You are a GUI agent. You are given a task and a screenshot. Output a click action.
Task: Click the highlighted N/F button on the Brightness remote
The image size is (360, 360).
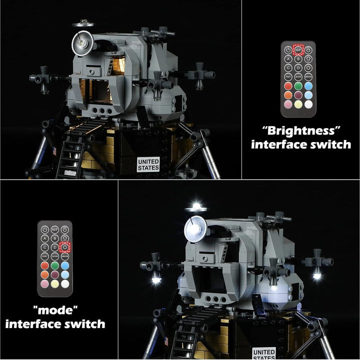pyautogui.click(x=298, y=50)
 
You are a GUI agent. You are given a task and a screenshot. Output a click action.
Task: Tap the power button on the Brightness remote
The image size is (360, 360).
pyautogui.click(x=288, y=50)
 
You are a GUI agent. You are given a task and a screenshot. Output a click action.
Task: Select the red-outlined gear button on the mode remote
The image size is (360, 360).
pyautogui.click(x=65, y=246)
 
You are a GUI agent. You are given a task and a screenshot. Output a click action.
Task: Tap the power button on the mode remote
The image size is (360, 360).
pyautogui.click(x=45, y=229)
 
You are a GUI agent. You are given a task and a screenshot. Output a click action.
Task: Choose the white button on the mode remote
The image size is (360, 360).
pyautogui.click(x=65, y=283)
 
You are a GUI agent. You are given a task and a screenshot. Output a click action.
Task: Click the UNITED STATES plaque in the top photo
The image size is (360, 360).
pyautogui.click(x=148, y=164)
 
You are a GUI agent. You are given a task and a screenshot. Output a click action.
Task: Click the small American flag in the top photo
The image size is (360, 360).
pyautogui.click(x=52, y=150)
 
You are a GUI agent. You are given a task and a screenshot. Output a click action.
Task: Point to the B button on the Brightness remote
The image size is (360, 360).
pyautogui.click(x=298, y=59)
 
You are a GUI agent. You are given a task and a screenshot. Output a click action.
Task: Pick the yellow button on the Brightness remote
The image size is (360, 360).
pyautogui.click(x=298, y=103)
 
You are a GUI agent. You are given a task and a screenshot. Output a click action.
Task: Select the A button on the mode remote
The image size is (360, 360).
pyautogui.click(x=45, y=238)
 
